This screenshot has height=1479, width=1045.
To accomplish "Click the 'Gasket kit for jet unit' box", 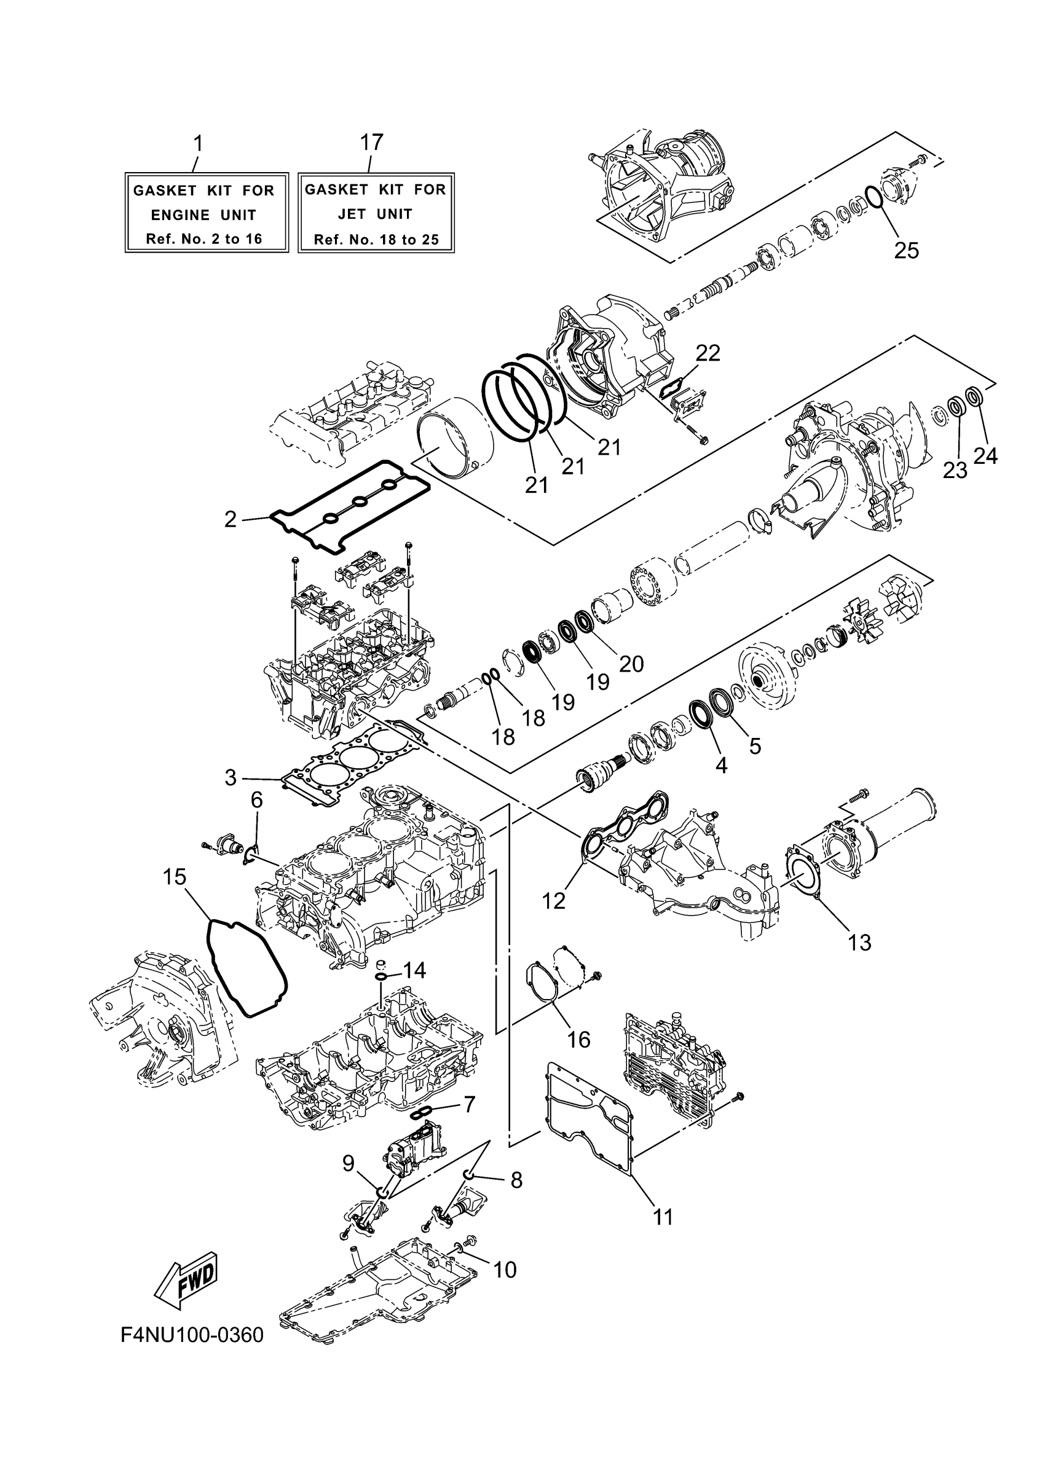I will (376, 213).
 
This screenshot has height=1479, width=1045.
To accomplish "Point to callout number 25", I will (906, 250).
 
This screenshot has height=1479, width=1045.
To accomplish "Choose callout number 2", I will (230, 519).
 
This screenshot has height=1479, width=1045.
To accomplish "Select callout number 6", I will (256, 799).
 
